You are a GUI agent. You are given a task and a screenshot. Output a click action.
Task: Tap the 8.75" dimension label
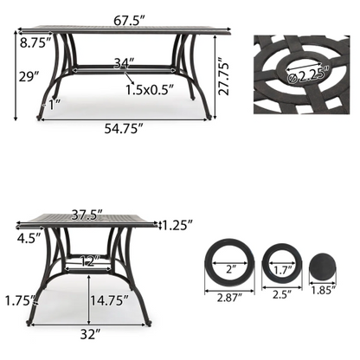pos(33,42)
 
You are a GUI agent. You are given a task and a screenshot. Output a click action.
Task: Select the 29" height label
pos(29,76)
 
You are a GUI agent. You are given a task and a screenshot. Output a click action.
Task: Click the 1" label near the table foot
pos(55,106)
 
